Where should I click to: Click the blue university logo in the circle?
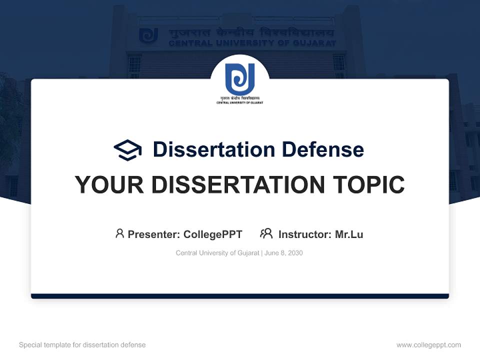240,78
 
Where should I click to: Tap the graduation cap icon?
127,150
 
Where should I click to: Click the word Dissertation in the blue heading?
213,149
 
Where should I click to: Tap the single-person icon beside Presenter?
119,233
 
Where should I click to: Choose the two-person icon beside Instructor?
266,233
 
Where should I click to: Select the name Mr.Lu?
349,234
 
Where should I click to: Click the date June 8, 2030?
283,253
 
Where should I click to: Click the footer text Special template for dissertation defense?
82,345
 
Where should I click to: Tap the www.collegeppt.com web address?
428,345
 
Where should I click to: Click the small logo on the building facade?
148,35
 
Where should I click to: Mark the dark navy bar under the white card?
240,296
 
